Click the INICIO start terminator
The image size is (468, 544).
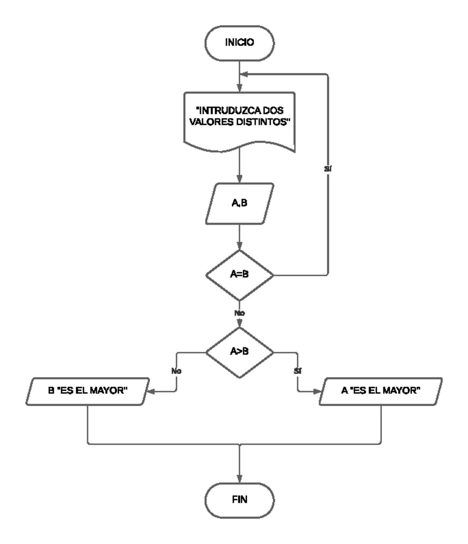point(239,43)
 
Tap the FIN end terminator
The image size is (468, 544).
point(239,500)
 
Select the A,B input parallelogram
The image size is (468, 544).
point(239,203)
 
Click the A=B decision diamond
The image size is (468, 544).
point(239,274)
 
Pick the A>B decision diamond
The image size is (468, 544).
point(239,351)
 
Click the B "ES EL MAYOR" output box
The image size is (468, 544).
point(88,391)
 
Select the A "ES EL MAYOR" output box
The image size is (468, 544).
point(381,391)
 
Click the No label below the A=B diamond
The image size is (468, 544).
point(239,313)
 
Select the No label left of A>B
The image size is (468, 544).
point(176,371)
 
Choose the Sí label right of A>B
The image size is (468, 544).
point(298,371)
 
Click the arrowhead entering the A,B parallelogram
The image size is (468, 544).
point(239,179)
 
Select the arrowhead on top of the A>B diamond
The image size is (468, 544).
point(239,323)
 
